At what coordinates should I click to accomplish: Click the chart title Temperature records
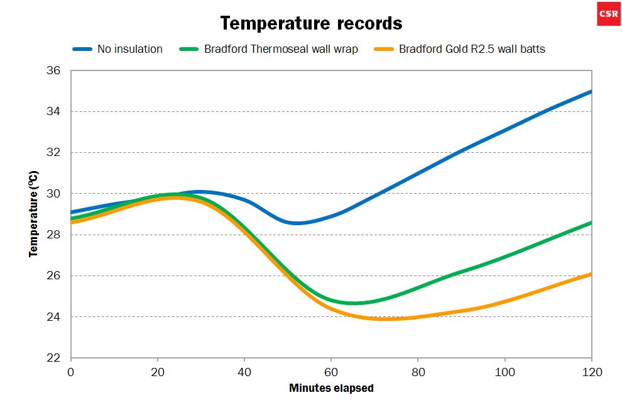(311, 24)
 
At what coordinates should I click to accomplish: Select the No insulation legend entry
(129, 49)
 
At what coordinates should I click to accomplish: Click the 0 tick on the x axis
(71, 372)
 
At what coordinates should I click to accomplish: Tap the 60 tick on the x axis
(331, 372)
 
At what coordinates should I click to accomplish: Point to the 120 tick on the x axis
(591, 372)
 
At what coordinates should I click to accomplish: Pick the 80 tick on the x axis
(418, 372)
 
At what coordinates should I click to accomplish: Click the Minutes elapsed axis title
(331, 388)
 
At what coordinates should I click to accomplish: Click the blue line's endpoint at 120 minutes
(591, 92)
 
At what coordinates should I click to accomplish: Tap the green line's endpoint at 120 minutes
(591, 223)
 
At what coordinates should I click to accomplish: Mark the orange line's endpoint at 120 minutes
(591, 274)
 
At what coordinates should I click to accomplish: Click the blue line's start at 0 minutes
(72, 212)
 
